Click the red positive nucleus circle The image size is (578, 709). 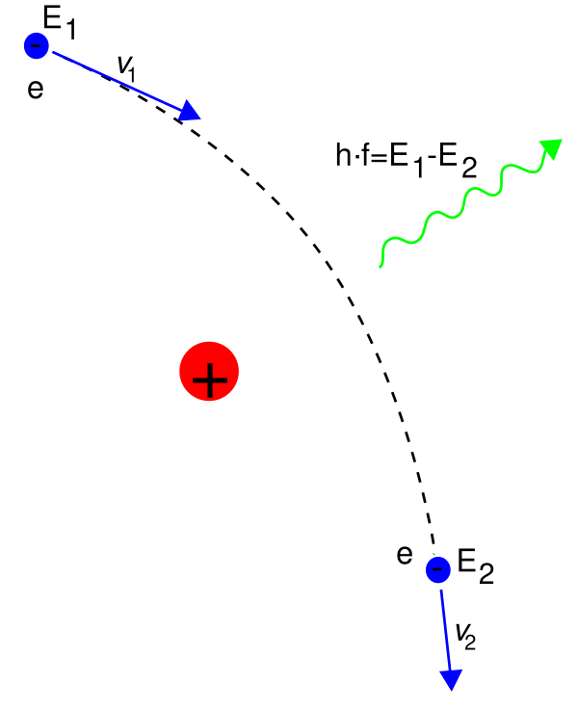209,371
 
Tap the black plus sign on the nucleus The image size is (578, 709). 209,380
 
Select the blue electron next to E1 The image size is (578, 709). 37,45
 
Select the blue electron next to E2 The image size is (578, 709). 437,569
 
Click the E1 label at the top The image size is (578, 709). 59,23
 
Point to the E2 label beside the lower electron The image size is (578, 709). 475,566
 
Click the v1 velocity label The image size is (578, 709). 126,68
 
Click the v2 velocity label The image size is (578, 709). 465,637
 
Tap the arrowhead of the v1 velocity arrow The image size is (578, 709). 190,111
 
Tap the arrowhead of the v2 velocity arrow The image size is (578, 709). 451,679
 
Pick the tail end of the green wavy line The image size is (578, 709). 381,266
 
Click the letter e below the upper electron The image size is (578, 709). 36,89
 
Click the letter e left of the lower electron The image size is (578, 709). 405,555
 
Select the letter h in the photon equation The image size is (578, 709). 343,154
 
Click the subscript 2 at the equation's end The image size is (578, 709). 469,169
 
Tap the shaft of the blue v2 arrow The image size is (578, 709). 445,629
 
